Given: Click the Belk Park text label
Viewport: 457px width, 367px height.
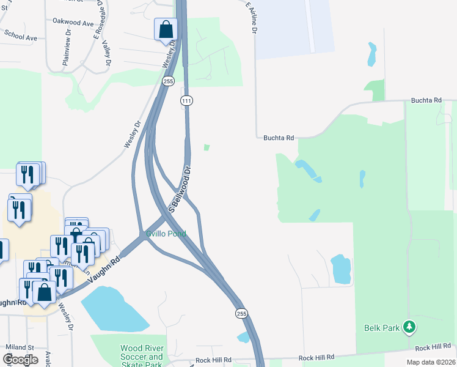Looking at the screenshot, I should coord(382,328).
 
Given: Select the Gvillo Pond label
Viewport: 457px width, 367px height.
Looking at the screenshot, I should coord(166,234).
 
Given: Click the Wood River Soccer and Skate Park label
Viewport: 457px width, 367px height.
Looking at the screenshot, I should coord(142,357).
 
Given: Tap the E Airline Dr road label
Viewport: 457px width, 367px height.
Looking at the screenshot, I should coord(252,18).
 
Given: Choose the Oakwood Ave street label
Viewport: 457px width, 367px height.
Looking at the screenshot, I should coord(73,23).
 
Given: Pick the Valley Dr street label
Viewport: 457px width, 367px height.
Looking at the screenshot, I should coord(107,53).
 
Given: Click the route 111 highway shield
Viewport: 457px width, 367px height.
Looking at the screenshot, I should coord(187,100).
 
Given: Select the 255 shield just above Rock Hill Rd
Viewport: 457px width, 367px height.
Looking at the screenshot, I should coord(242,313).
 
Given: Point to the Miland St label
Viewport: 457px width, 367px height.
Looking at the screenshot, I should coord(21,347).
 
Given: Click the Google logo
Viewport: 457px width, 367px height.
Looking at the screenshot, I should coord(20,359).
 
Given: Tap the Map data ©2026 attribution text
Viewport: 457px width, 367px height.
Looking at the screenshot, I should coord(431,362).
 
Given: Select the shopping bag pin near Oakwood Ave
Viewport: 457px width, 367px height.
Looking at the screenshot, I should coord(166,29).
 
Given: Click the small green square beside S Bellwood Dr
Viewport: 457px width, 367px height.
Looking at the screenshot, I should coord(207,147).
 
